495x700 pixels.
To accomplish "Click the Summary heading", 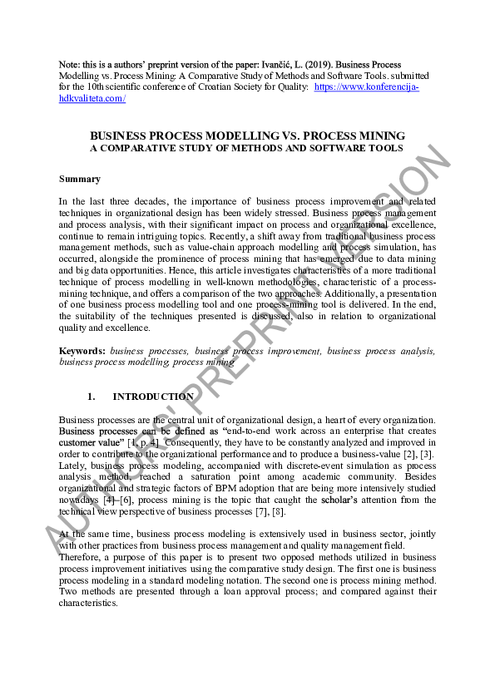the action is pos(80,179).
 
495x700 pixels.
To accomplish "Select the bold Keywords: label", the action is pos(82,352).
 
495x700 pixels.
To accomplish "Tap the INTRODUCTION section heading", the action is pos(153,397).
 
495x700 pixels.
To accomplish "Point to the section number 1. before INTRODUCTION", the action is pos(92,397).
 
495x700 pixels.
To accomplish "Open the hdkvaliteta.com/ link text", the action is pos(92,99).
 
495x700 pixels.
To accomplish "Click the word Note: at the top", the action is pos(69,65).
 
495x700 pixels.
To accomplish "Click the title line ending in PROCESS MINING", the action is pos(247,136).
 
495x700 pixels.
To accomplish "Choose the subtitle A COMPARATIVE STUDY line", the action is pos(247,148).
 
